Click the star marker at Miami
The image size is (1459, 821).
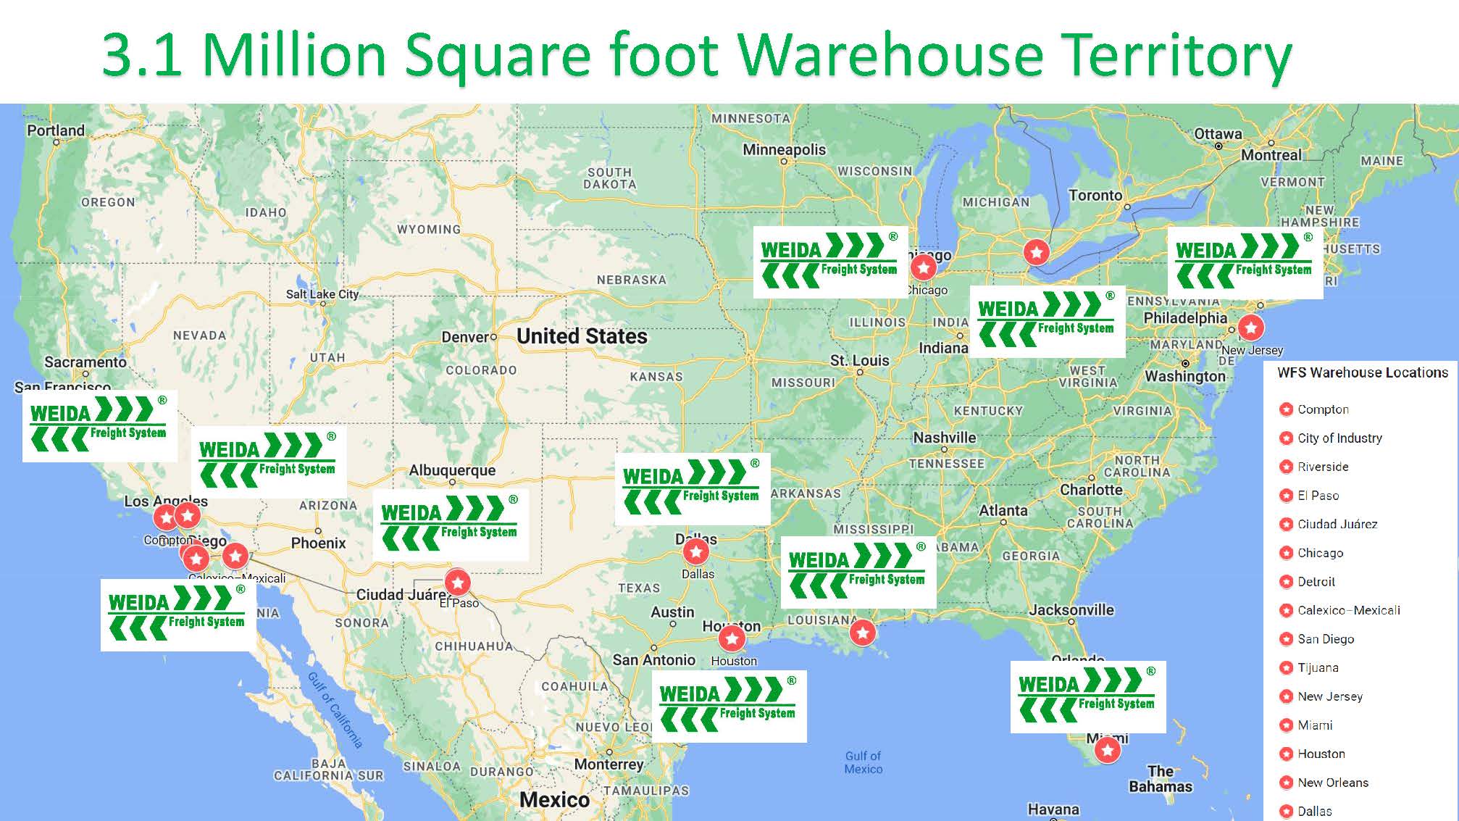[1107, 750]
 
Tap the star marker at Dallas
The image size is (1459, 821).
[695, 551]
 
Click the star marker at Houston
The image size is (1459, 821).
[732, 638]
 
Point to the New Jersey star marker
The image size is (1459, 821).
[1251, 327]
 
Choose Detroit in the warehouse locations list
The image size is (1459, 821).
[1316, 581]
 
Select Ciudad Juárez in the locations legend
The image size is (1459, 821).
[1337, 524]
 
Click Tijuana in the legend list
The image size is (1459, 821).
[1317, 667]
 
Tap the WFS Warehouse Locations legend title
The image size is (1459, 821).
[1362, 372]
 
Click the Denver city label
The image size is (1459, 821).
[465, 337]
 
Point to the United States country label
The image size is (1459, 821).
[582, 336]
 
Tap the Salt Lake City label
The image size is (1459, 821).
[322, 293]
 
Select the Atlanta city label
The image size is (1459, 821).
[1003, 510]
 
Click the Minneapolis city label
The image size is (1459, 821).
[784, 149]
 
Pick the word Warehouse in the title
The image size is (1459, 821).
[890, 55]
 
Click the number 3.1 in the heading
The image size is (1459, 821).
[142, 55]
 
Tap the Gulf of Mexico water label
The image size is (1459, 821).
[863, 762]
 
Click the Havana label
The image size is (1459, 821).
[1053, 809]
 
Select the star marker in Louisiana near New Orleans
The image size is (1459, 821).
[862, 633]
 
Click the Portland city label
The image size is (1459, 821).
[56, 130]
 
